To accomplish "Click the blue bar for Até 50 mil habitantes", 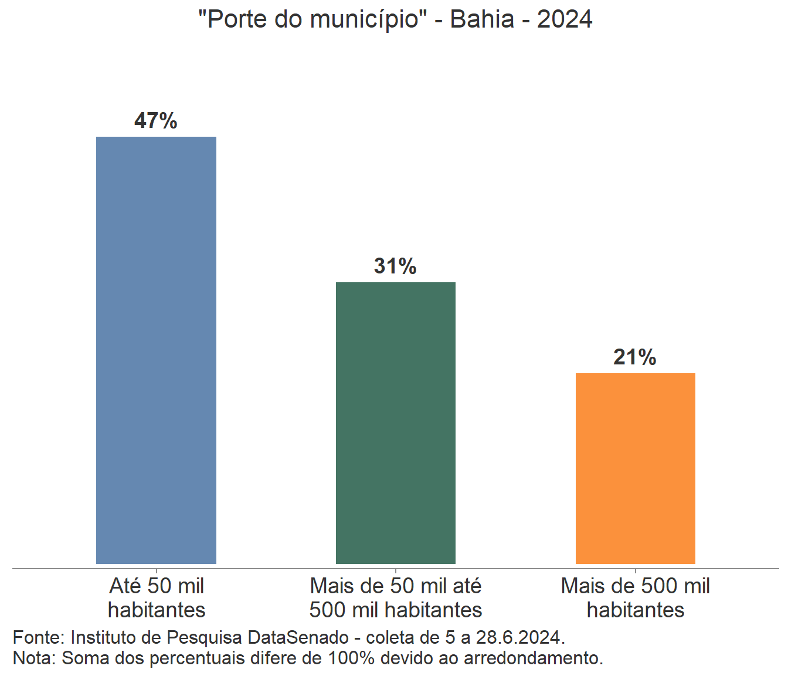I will pyautogui.click(x=156, y=350).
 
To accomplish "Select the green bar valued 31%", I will pyautogui.click(x=396, y=422).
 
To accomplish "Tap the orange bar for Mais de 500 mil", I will pyautogui.click(x=636, y=468).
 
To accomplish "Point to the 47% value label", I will pyautogui.click(x=156, y=121).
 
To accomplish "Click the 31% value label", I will pyautogui.click(x=396, y=266).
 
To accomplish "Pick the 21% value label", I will pyautogui.click(x=635, y=357).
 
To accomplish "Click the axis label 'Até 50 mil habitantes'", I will pyautogui.click(x=157, y=598).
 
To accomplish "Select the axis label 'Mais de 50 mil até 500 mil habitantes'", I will pyautogui.click(x=396, y=598).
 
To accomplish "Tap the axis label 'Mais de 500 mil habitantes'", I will pyautogui.click(x=636, y=598).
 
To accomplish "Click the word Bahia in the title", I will pyautogui.click(x=482, y=19).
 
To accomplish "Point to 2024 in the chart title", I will pyautogui.click(x=565, y=19).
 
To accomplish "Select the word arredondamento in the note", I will pyautogui.click(x=533, y=658).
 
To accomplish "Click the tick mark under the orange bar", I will pyautogui.click(x=636, y=570).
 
